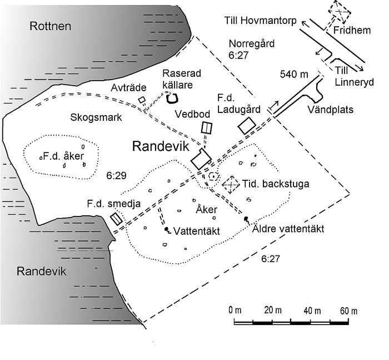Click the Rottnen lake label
tap(51, 26)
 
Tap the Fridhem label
tap(352, 30)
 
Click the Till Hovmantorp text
tap(260, 21)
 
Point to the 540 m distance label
tap(294, 74)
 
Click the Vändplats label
tap(331, 109)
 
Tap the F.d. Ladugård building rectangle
tap(247, 125)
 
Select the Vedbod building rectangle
tap(207, 128)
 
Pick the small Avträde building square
tap(142, 100)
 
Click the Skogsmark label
tap(96, 117)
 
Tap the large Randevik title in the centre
tap(161, 146)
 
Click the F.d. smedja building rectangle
tap(116, 219)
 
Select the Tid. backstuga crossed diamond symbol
tap(231, 185)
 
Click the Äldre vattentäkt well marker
tap(246, 220)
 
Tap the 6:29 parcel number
tap(116, 176)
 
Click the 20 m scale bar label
tap(273, 310)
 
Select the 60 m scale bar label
tap(349, 311)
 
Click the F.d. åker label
tap(63, 156)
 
